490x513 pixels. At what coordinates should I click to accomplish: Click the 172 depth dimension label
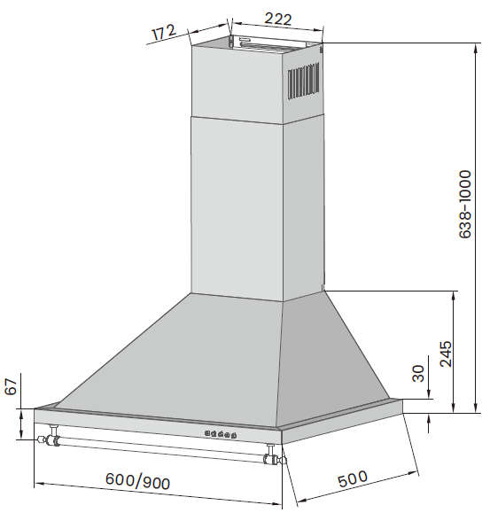(165, 34)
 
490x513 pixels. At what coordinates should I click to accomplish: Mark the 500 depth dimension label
(352, 479)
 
